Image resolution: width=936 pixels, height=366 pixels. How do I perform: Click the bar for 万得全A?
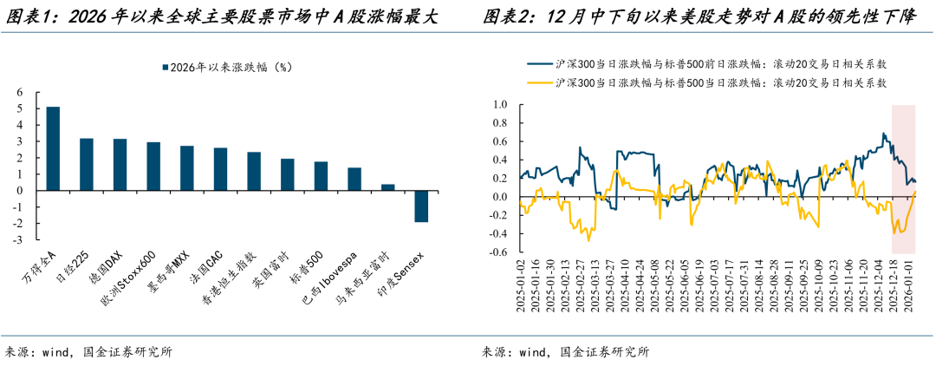click(x=53, y=148)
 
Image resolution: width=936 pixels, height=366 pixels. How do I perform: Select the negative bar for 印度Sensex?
click(x=420, y=206)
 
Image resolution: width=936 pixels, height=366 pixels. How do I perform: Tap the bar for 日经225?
click(x=87, y=164)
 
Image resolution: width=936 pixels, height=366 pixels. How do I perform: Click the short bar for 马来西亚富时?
click(x=387, y=186)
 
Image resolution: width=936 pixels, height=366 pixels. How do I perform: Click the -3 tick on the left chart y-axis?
click(x=19, y=240)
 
